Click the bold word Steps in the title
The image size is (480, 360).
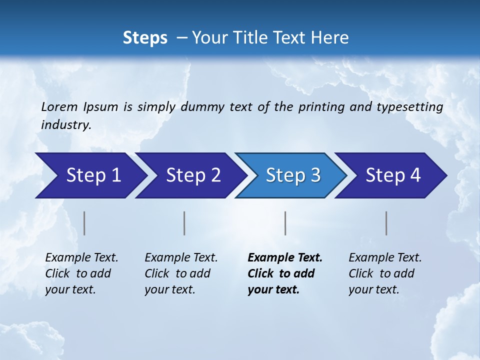[x=145, y=38]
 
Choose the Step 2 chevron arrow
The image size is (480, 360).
[x=192, y=175]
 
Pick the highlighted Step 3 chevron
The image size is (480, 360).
[x=292, y=175]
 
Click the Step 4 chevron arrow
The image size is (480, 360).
[x=393, y=175]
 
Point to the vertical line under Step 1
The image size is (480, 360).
[x=84, y=223]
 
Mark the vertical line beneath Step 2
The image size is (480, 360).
[x=184, y=223]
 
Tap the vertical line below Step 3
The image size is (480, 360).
[x=285, y=223]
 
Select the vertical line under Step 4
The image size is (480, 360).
[x=386, y=223]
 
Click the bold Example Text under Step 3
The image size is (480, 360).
[x=285, y=258]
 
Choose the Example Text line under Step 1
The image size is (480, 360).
[x=81, y=258]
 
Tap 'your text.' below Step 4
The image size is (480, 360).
[x=373, y=289]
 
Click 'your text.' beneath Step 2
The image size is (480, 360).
[x=169, y=289]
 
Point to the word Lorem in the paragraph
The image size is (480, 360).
[x=59, y=107]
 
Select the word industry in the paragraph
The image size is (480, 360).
[x=65, y=125]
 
